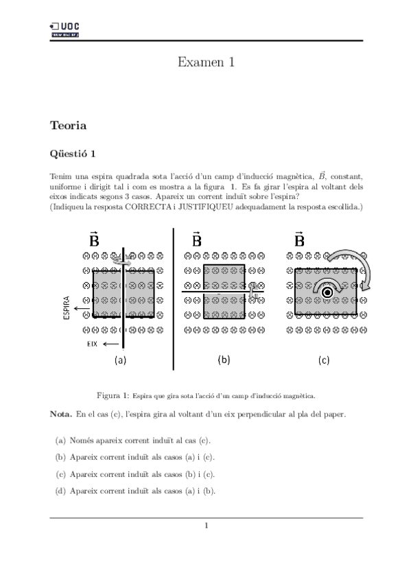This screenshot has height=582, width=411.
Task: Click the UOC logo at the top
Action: (x=65, y=27)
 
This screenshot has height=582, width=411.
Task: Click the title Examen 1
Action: (x=206, y=62)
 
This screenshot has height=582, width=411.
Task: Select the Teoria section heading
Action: (x=68, y=126)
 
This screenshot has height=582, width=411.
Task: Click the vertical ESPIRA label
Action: (x=67, y=309)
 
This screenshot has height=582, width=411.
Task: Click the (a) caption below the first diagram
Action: (x=120, y=360)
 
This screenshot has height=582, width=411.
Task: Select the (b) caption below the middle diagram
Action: (x=224, y=359)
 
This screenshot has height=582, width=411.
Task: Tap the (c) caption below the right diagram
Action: (x=324, y=360)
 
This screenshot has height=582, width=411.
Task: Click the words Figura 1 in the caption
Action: (x=113, y=396)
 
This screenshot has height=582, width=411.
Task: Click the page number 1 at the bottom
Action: (x=206, y=526)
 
